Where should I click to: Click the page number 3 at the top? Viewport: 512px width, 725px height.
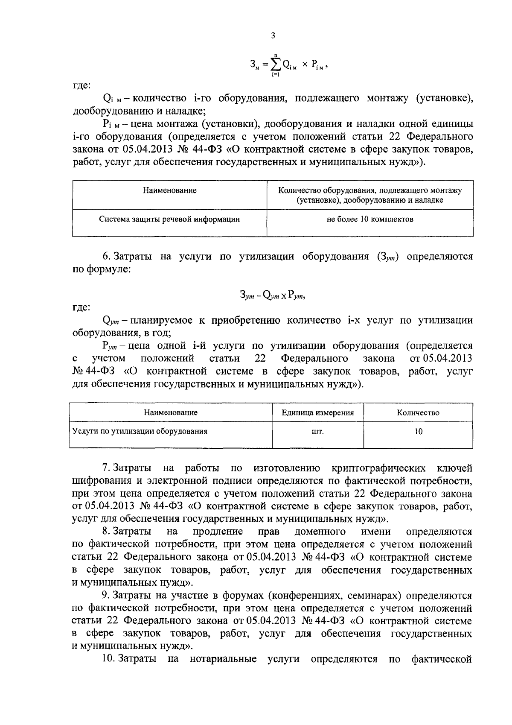pyautogui.click(x=273, y=36)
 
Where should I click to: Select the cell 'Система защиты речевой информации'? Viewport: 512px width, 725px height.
pyautogui.click(x=169, y=219)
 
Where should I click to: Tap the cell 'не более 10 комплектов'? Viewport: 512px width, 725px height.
pyautogui.click(x=370, y=219)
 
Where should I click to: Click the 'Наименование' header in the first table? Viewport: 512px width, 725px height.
pyautogui.click(x=169, y=190)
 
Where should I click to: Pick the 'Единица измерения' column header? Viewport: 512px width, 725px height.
pyautogui.click(x=318, y=413)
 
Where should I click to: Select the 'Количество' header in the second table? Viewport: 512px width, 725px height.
pyautogui.click(x=418, y=413)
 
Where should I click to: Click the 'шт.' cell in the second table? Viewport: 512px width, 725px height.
pyautogui.click(x=318, y=432)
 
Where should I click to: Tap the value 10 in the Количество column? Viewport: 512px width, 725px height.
pyautogui.click(x=418, y=432)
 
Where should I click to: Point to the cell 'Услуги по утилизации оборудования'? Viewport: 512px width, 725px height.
pyautogui.click(x=140, y=431)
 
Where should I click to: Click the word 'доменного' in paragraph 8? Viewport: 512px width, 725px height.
pyautogui.click(x=320, y=532)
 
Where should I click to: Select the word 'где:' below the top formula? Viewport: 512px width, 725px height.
pyautogui.click(x=81, y=85)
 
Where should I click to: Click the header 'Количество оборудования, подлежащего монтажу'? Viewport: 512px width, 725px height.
pyautogui.click(x=370, y=190)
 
